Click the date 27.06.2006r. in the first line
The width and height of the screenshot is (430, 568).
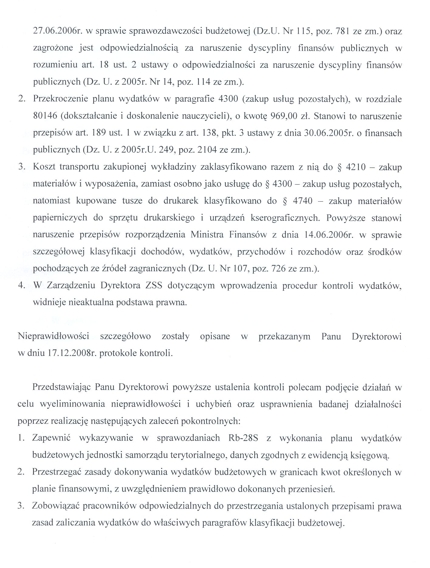[x=56, y=31]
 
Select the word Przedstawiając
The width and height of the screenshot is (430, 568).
[x=62, y=387]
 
